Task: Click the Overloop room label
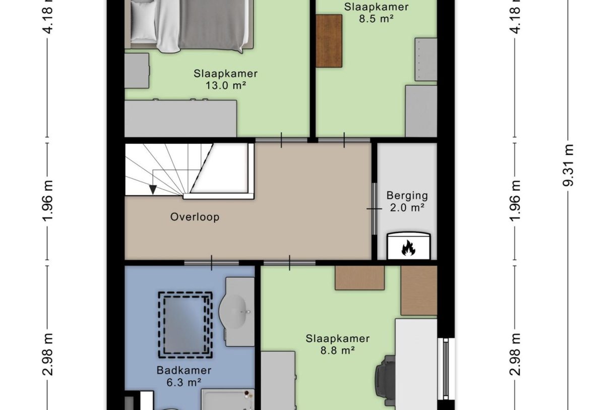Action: [195, 217]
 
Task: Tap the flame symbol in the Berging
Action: [408, 248]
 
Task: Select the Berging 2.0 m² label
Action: [407, 202]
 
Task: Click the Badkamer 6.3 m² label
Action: [184, 376]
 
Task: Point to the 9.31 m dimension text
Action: [568, 165]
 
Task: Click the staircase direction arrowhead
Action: [153, 190]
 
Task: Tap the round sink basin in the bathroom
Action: [233, 312]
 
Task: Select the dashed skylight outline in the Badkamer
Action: [186, 325]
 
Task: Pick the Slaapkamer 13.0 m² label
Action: [225, 80]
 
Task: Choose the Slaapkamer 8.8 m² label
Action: [338, 344]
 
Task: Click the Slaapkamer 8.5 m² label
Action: [377, 13]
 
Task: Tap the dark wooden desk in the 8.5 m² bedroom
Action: [329, 41]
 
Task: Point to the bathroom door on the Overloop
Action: [211, 263]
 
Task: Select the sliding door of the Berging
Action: [374, 209]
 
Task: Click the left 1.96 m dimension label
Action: [47, 201]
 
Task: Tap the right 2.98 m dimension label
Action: [515, 354]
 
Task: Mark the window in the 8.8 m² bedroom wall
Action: [446, 369]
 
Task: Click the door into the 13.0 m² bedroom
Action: [281, 140]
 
